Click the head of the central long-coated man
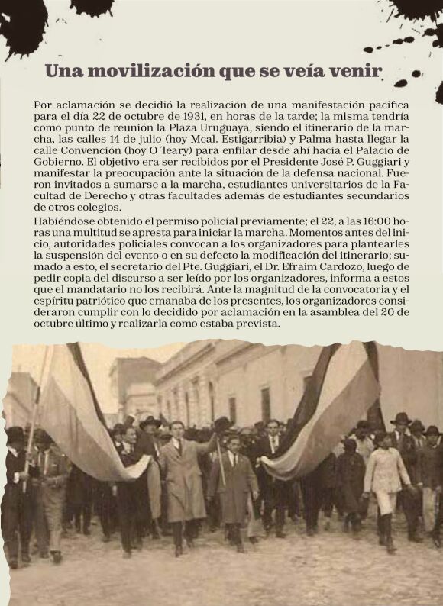[177, 428]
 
